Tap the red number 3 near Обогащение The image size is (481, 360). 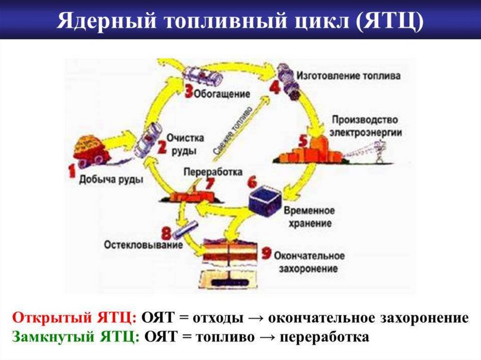tap(188, 91)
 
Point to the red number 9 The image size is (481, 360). tap(266, 253)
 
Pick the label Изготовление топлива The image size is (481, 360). tap(348, 75)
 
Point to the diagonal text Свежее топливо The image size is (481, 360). tap(233, 130)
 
